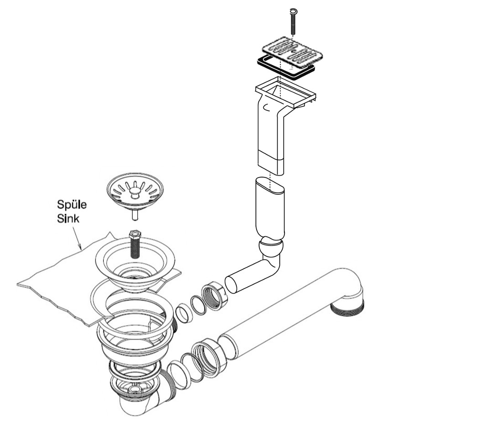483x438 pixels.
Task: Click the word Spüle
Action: tap(72, 205)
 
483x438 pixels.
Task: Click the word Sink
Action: tap(68, 218)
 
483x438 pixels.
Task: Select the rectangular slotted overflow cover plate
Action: tap(292, 53)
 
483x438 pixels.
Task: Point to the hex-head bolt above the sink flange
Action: tap(134, 244)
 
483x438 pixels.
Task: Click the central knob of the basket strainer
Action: tap(135, 193)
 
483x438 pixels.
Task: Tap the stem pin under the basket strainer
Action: tap(135, 215)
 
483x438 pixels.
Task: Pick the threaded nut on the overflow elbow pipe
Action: tap(215, 296)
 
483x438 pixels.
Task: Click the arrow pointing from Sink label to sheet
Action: tap(76, 237)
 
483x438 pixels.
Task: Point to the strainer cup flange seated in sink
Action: tap(135, 266)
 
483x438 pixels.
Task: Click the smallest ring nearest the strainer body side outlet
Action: tap(184, 313)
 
